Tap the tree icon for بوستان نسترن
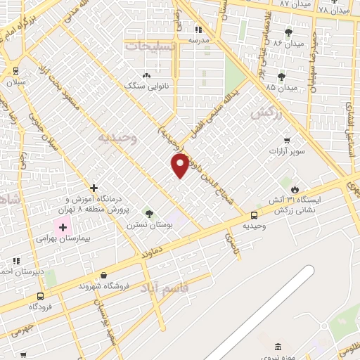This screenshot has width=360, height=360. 148,213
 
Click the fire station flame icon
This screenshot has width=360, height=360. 297,189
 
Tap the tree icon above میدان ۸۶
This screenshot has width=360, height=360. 288,32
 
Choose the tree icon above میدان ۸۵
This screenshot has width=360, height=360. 281,77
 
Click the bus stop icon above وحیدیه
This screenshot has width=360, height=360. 254,215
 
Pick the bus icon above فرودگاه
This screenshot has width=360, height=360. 40,296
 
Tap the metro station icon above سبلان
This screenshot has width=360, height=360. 15,71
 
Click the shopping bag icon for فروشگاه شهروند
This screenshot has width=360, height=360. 105,276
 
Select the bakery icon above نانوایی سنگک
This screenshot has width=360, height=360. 146,75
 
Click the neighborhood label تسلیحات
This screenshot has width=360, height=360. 152,45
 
